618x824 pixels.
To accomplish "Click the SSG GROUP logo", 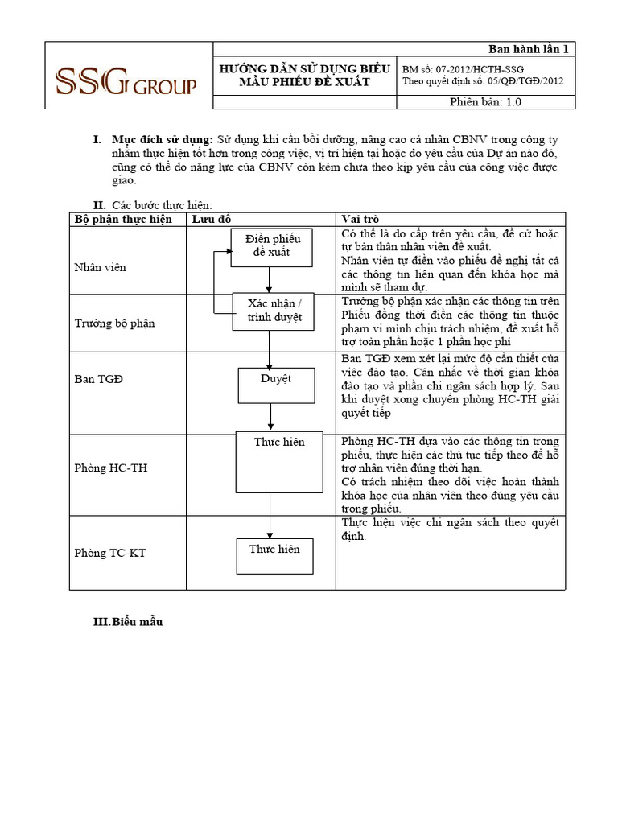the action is pos(125,80).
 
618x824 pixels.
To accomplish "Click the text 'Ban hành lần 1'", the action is pos(529,49).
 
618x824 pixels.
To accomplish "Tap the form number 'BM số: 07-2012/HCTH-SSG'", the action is pos(463,70).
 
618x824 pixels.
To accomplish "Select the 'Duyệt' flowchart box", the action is pos(275,384).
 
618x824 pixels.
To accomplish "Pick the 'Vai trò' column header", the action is pos(360,219).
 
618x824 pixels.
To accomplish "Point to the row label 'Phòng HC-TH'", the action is pos(110,468).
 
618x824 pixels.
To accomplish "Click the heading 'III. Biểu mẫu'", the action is pos(129,622).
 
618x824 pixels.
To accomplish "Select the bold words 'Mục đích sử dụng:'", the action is pos(162,140).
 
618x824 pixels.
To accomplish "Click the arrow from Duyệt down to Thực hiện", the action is pos(270,417).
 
